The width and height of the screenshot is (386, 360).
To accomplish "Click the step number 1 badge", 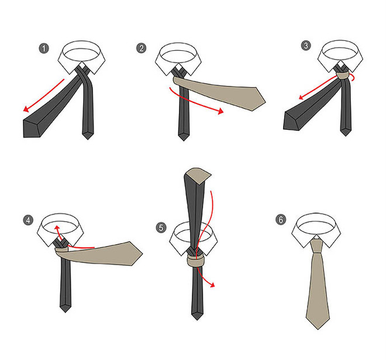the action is [44, 49].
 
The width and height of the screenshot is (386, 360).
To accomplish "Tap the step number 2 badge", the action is [142, 48].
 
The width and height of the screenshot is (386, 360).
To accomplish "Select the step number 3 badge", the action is [306, 46].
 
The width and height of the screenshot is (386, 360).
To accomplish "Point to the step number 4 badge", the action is [28, 220].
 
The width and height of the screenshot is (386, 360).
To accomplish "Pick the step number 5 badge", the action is [161, 227].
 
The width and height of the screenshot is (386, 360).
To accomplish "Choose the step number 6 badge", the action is [281, 219].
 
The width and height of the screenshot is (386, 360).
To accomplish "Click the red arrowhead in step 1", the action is [26, 109].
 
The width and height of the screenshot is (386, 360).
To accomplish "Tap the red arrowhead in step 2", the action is [220, 111].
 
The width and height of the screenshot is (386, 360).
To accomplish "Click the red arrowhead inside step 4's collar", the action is [57, 227].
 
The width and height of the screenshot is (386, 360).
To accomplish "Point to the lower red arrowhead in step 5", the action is [213, 285].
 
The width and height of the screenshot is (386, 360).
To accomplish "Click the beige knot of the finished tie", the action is [316, 245].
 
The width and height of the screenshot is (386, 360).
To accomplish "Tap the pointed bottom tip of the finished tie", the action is [318, 329].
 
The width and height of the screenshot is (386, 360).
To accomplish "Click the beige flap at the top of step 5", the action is [199, 175].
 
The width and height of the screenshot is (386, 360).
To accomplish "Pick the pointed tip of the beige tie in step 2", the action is [266, 101].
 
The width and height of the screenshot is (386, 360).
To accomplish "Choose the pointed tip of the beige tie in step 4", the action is [143, 254].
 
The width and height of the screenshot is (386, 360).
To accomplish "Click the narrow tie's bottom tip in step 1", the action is [88, 139].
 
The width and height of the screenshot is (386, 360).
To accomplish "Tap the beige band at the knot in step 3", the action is [343, 75].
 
